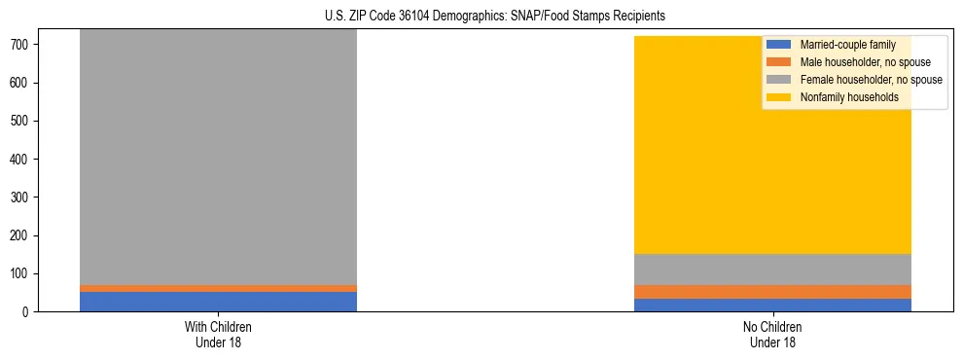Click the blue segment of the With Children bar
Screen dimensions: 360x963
click(218, 302)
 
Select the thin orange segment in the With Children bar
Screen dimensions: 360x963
click(218, 288)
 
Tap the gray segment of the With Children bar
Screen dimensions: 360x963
click(218, 156)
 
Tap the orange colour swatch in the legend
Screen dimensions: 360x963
click(780, 62)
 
